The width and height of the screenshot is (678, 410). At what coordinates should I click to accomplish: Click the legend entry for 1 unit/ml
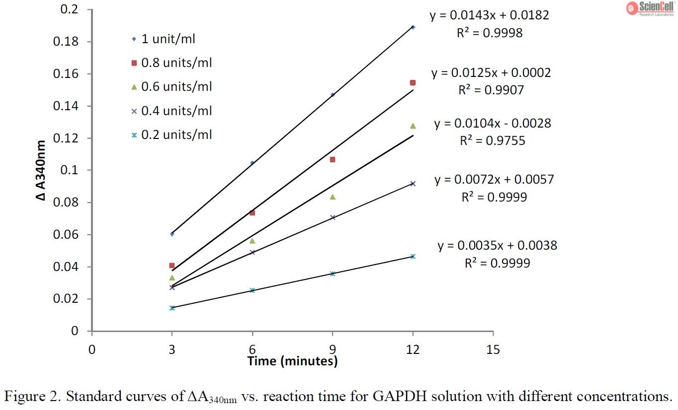[164, 39]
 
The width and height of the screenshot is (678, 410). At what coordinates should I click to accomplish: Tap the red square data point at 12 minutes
[413, 83]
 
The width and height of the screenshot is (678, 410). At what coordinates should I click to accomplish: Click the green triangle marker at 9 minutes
[333, 197]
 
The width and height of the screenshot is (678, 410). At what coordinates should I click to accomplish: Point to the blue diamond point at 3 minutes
[172, 234]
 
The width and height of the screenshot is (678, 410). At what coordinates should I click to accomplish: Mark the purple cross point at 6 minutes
[252, 252]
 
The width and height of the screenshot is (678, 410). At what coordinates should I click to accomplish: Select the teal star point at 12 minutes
[413, 256]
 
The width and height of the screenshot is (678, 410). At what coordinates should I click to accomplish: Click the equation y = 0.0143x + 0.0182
[490, 15]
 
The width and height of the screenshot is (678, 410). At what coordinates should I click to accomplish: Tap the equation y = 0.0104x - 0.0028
[493, 123]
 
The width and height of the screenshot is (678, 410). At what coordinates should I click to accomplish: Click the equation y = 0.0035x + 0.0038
[497, 245]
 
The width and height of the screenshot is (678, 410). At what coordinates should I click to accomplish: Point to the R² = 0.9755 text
[492, 141]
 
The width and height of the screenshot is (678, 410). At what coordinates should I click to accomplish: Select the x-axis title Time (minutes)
[292, 361]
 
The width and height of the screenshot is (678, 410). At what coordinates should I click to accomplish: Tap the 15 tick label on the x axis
[493, 349]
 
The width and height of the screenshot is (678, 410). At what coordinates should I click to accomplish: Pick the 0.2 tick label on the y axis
[71, 9]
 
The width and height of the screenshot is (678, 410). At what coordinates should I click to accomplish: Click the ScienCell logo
[652, 8]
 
